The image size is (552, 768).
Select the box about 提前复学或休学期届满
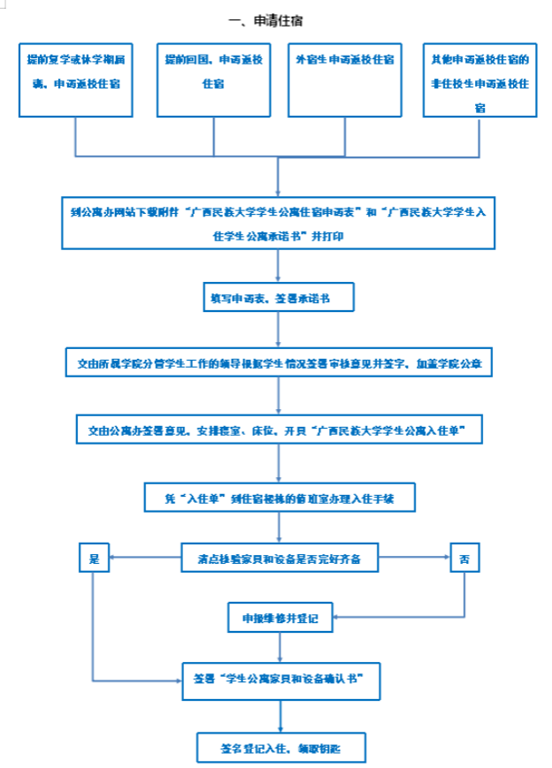click(x=74, y=79)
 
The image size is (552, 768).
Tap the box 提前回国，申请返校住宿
click(x=213, y=79)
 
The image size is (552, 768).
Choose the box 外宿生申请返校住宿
click(x=346, y=79)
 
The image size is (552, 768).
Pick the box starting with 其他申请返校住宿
click(x=479, y=79)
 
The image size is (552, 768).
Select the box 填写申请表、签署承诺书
click(x=279, y=299)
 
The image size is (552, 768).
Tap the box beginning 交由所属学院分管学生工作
click(x=279, y=363)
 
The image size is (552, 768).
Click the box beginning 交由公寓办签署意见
click(x=279, y=430)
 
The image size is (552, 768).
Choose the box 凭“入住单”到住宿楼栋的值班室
click(x=279, y=498)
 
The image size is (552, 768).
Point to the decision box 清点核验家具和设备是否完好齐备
click(x=279, y=559)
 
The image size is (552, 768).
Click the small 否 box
click(x=465, y=559)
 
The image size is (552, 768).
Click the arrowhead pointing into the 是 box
click(x=112, y=559)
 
